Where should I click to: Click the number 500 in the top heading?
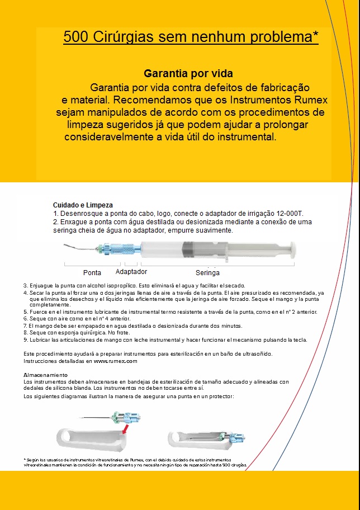[x=76, y=37]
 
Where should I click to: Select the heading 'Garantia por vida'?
[x=188, y=73]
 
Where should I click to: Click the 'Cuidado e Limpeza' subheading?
[x=83, y=205]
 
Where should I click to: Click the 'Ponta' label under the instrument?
[x=92, y=273]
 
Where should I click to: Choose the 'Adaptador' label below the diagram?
[x=131, y=272]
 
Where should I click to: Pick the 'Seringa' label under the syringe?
[x=207, y=273]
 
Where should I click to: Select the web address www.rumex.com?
[x=116, y=361]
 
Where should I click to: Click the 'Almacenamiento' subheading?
[x=45, y=374]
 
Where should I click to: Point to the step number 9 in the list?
[x=25, y=339]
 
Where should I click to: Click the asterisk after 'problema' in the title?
[x=316, y=35]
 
